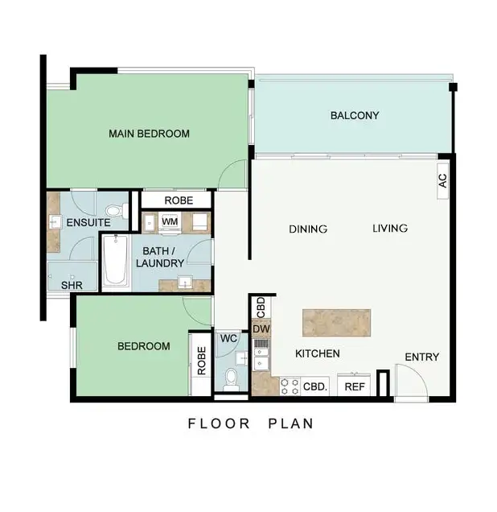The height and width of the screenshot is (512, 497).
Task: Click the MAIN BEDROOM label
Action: [149, 134]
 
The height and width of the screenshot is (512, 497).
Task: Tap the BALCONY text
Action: [355, 116]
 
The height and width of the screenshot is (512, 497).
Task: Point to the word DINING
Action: [308, 229]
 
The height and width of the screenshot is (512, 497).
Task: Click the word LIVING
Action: [390, 229]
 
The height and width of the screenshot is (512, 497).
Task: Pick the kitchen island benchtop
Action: [338, 323]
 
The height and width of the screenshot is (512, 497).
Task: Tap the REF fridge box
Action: [355, 386]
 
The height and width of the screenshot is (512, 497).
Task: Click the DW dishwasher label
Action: [261, 329]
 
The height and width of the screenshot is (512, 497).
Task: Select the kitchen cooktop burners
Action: [290, 386]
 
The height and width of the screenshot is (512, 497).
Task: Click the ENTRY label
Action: [421, 357]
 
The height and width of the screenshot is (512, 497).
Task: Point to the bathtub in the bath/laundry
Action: [115, 260]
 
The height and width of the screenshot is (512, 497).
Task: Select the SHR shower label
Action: [72, 286]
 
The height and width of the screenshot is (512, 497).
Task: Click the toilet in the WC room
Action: [231, 375]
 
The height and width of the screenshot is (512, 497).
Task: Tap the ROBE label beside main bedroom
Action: [177, 200]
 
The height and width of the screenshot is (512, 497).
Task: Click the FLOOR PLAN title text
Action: [250, 423]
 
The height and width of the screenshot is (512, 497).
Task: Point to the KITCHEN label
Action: [317, 354]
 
